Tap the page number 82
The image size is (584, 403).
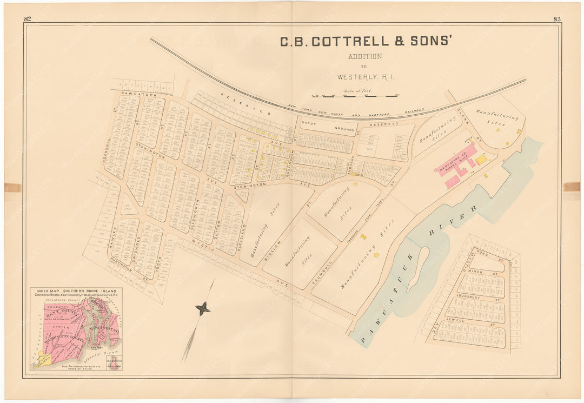point(28,19)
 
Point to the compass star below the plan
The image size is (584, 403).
point(203,309)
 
